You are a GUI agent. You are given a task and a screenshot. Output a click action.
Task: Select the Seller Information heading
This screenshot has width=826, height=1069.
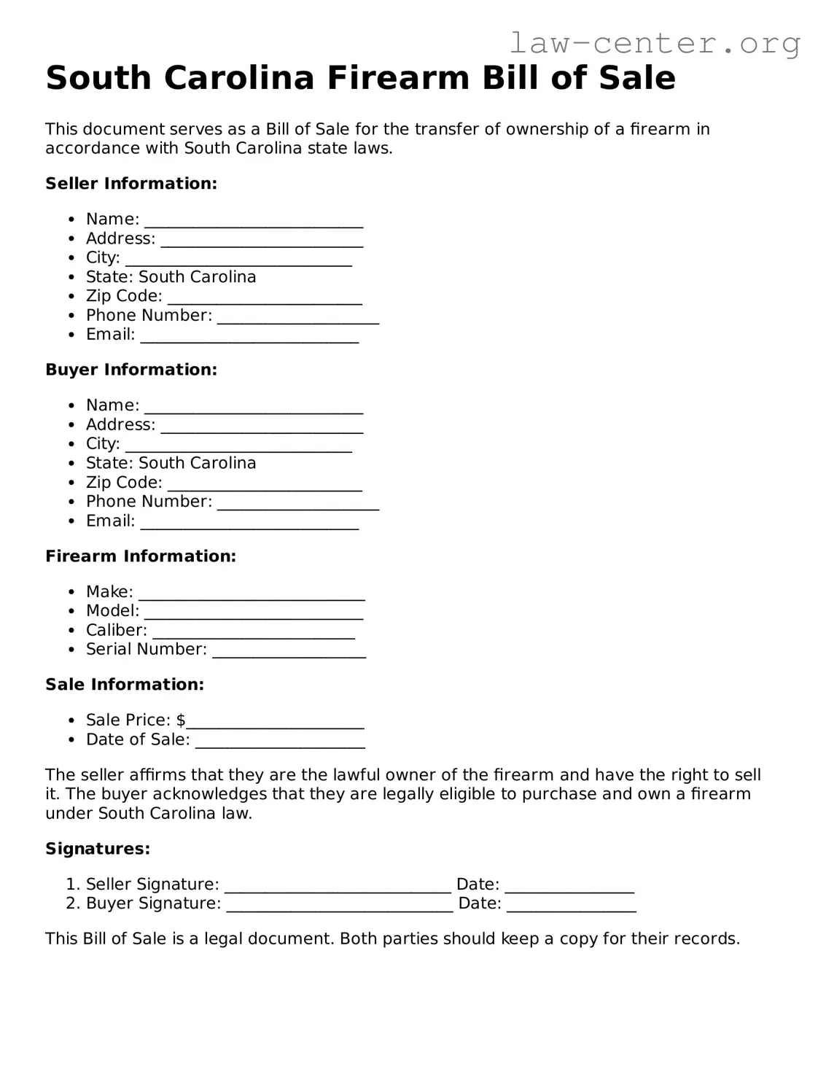pos(131,184)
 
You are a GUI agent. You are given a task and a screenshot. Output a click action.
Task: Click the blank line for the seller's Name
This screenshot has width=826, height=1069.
pos(253,221)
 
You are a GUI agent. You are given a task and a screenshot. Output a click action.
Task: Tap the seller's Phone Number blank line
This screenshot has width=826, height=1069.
pos(298,317)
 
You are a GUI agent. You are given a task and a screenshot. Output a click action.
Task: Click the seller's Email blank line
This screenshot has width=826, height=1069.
pos(249,336)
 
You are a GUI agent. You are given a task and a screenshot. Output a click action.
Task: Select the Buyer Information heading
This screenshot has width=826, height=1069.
pos(131,370)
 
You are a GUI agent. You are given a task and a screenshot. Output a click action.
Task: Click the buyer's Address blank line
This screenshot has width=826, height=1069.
pos(262,427)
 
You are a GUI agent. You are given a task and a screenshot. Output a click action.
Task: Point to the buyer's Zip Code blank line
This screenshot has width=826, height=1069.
pos(265,484)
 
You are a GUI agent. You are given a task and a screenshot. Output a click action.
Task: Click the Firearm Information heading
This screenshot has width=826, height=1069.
pos(141,556)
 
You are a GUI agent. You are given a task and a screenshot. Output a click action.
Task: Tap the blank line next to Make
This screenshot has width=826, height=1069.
pos(252,594)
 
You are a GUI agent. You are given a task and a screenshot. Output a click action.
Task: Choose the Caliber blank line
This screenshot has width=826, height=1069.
pos(253,632)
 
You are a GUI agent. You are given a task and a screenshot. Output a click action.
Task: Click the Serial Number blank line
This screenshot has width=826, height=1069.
pos(289,651)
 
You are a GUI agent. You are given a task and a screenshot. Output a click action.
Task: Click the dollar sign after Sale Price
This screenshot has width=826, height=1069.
pos(181,720)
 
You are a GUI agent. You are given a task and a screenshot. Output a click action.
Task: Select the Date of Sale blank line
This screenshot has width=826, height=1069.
pos(280,742)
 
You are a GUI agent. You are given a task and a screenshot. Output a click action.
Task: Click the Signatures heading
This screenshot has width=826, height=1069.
pos(98,849)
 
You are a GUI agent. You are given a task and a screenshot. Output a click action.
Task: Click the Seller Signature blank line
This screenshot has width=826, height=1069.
pos(338,886)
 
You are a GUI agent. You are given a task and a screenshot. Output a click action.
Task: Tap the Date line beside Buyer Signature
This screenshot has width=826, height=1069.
pos(571,906)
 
